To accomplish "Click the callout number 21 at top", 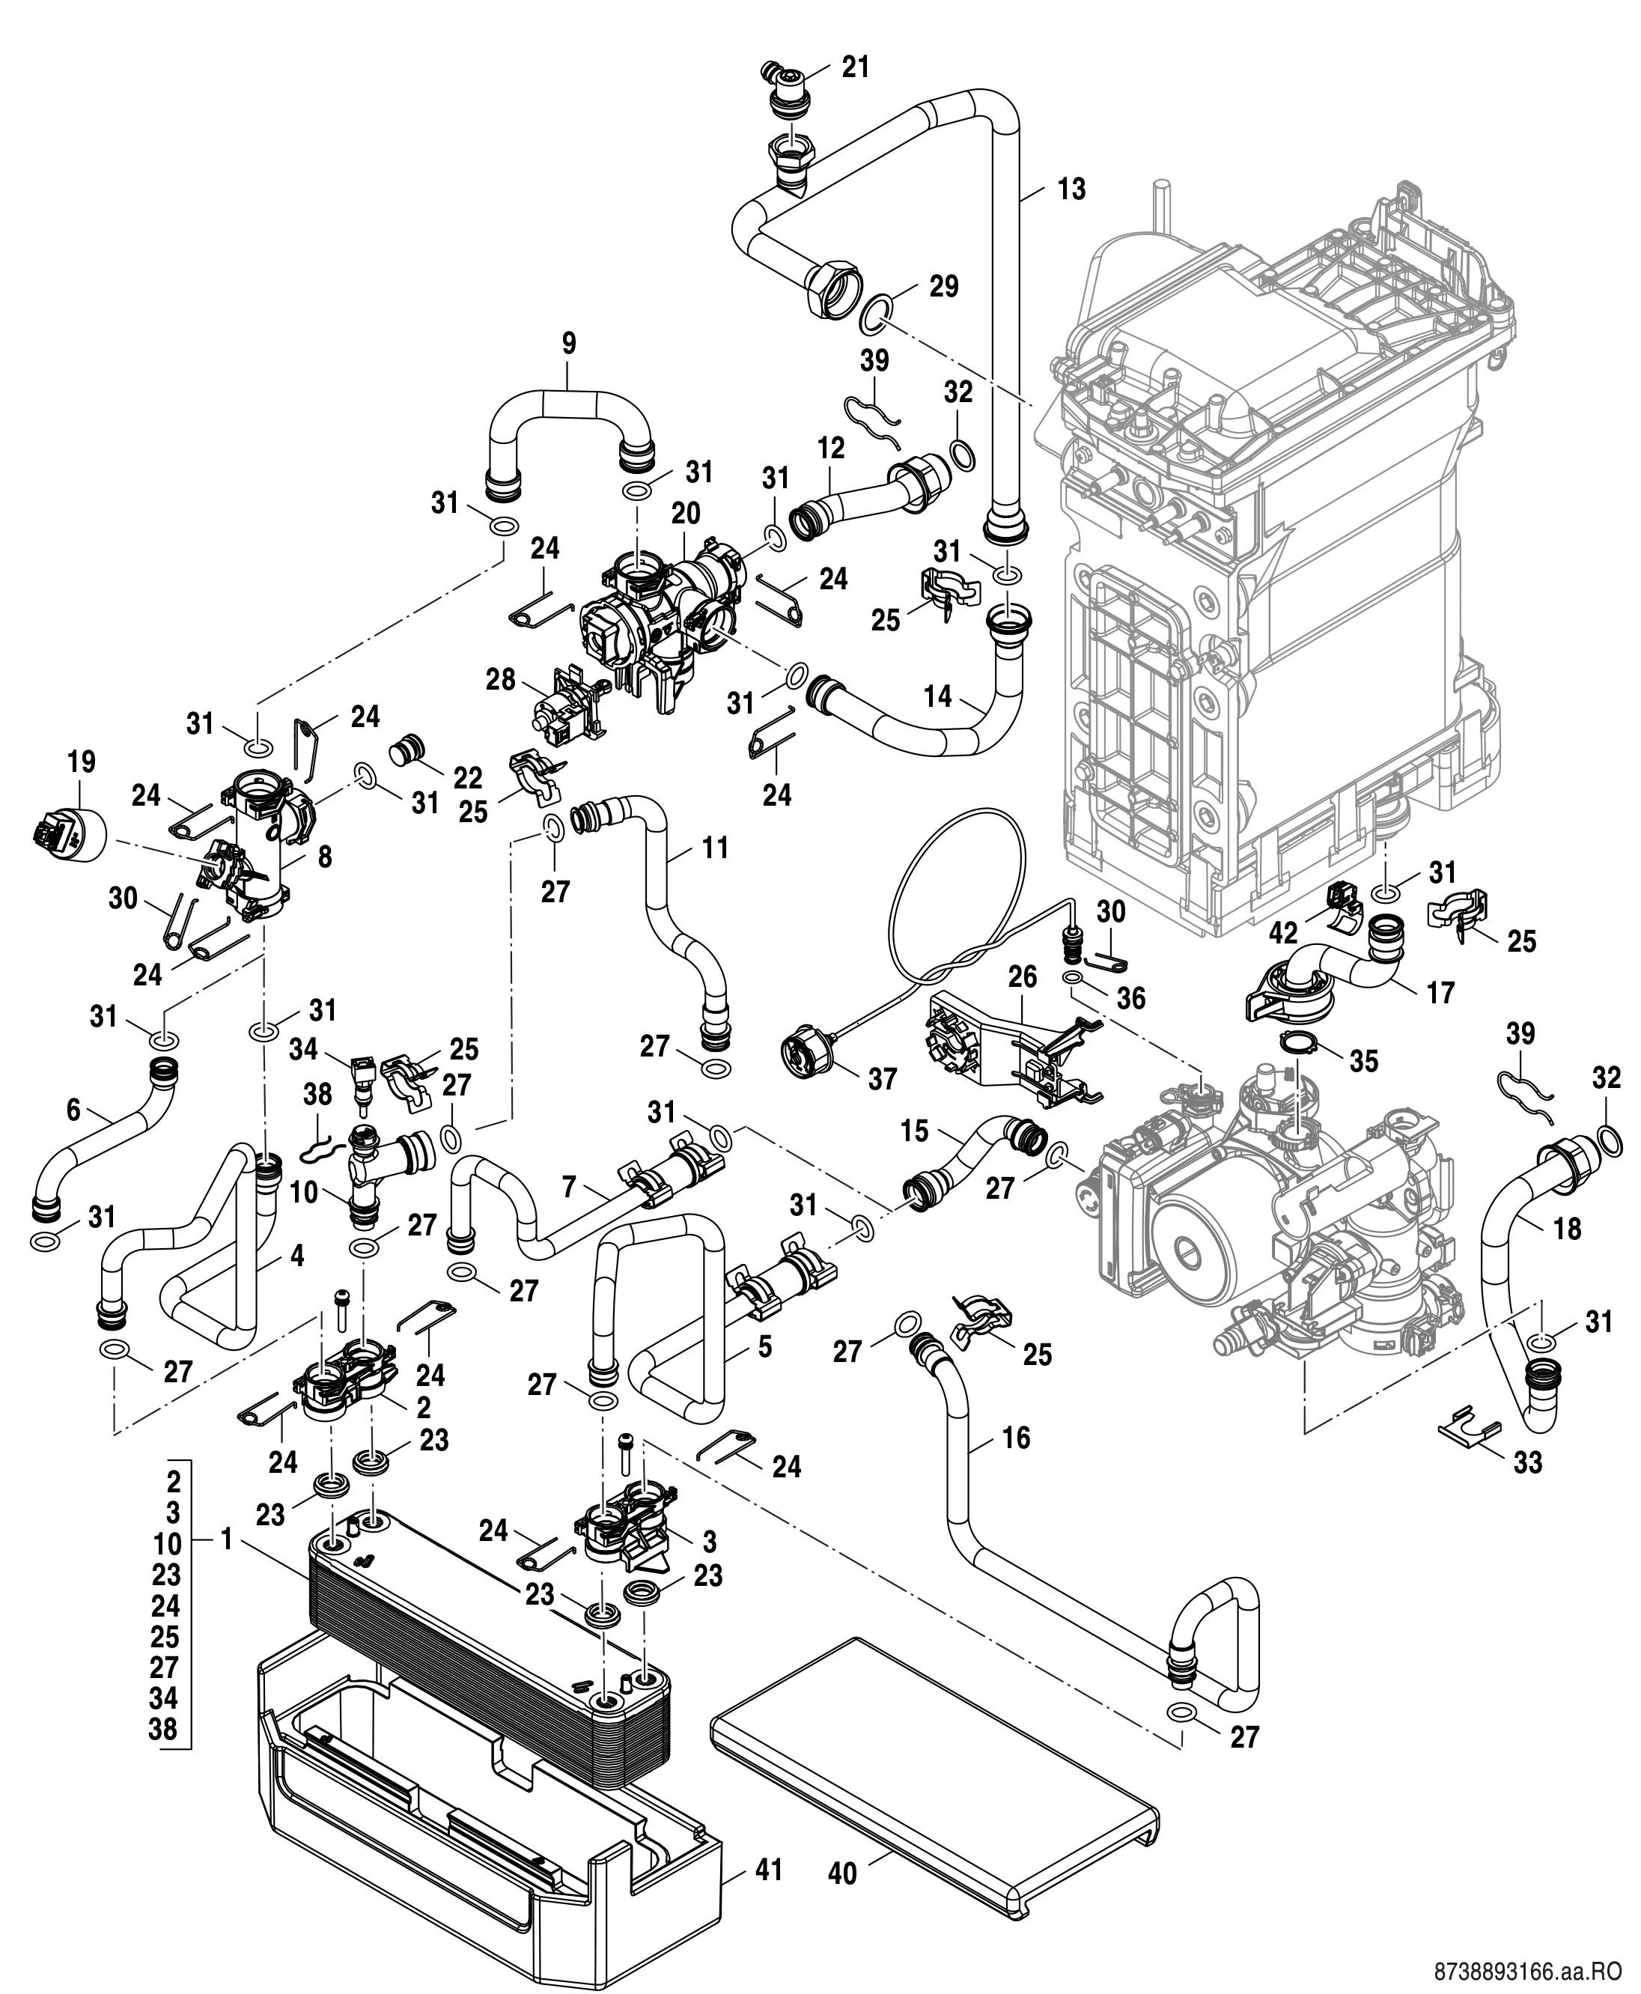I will point(856,67).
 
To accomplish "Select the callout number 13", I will point(1071,189).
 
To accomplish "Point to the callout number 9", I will point(568,343).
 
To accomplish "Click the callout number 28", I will point(500,679).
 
